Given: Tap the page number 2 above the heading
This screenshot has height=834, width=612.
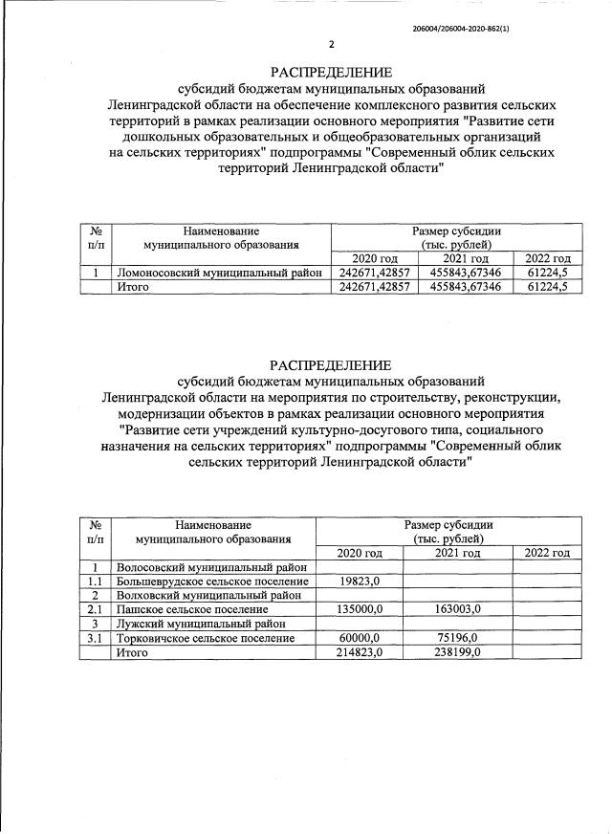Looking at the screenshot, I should point(331,44).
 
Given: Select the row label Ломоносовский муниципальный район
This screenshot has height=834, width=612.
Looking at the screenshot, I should point(219,273).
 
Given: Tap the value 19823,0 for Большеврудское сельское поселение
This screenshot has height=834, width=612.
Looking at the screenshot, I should point(360,581).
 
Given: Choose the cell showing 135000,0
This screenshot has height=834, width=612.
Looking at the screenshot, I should point(360,608).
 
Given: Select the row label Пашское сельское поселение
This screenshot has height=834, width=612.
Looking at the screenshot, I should point(192,608).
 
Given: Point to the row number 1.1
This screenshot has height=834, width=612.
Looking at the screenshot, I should point(95,581).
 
